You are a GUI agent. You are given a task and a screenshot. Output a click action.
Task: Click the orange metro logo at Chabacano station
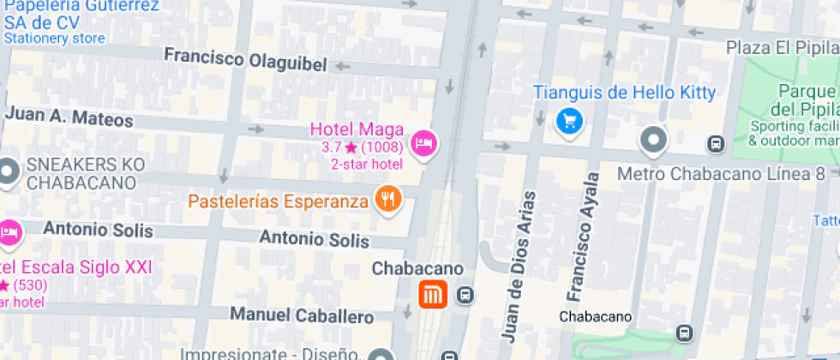(432, 296)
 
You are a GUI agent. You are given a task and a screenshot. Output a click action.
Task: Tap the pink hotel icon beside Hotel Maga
(423, 141)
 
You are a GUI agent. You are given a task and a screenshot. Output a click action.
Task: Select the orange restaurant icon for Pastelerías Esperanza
(388, 200)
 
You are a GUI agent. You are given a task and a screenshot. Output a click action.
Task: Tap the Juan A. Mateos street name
(69, 116)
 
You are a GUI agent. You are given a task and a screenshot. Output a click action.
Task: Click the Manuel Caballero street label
(302, 315)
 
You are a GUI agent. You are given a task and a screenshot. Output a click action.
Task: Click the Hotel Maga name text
(357, 129)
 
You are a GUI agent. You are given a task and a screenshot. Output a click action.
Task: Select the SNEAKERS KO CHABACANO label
(81, 174)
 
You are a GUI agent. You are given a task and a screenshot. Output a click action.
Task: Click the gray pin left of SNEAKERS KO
(9, 171)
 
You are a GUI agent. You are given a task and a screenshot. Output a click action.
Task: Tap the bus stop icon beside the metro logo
(465, 296)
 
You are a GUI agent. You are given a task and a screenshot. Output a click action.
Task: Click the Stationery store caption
(54, 39)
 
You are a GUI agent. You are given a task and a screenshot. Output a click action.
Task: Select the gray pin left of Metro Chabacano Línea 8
(654, 139)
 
